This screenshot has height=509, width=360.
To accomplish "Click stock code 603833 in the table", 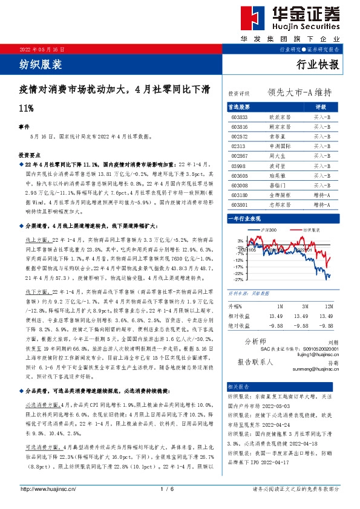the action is tap(240, 116).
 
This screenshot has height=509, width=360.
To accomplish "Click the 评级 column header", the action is tap(321, 106).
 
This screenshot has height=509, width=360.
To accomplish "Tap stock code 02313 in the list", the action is tap(238, 146).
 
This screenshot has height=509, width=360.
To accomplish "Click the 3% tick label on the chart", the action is tap(240, 240).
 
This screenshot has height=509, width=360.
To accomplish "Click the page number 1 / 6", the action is tap(163, 489).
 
